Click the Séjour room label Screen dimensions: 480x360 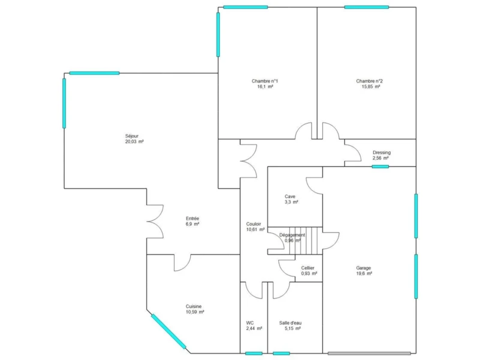pyautogui.click(x=132, y=136)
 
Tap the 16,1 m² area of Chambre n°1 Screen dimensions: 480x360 pyautogui.click(x=265, y=86)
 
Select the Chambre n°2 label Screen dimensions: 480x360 pyautogui.click(x=369, y=81)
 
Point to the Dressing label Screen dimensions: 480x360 pyautogui.click(x=382, y=152)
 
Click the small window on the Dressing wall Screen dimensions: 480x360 pyautogui.click(x=380, y=167)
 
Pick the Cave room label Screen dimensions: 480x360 pyautogui.click(x=290, y=197)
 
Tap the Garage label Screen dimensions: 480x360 pyautogui.click(x=364, y=268)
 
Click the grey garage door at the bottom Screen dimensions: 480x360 pyautogui.click(x=369, y=353)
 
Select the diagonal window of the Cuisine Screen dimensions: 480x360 pyautogui.click(x=169, y=332)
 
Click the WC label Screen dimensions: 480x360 pyautogui.click(x=250, y=323)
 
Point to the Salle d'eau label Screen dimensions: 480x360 pyautogui.click(x=290, y=323)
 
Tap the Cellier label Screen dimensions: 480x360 pyautogui.click(x=308, y=268)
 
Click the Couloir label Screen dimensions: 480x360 pyautogui.click(x=253, y=224)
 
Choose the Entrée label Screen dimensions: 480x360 pyautogui.click(x=192, y=218)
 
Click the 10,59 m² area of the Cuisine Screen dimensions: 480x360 pyautogui.click(x=194, y=312)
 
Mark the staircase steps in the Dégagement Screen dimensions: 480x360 pyautogui.click(x=306, y=241)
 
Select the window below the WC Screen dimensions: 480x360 pyautogui.click(x=254, y=353)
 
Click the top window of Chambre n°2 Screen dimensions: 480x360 pyautogui.click(x=367, y=7)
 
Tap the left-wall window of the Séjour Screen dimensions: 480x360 pyautogui.click(x=64, y=103)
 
